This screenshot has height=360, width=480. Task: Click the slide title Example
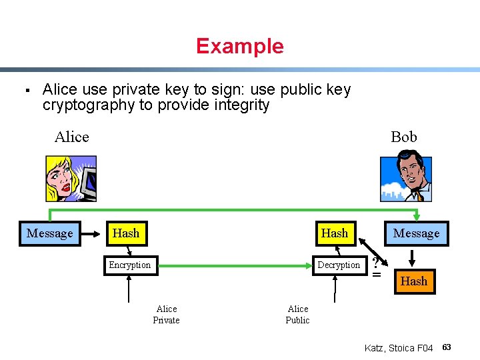[x=239, y=46]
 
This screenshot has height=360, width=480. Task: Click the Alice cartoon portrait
[x=71, y=178]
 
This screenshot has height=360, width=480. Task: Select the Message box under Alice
[x=50, y=233]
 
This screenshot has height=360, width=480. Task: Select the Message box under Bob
[x=416, y=233]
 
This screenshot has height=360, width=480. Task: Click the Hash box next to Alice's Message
[x=126, y=233]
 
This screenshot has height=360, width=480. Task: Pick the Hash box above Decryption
[x=334, y=233]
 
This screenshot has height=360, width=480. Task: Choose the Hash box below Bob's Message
[x=413, y=281]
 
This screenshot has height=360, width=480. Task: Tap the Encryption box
[x=130, y=265]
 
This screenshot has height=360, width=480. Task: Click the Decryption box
[x=339, y=265]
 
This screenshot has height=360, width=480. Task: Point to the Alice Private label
[x=166, y=315]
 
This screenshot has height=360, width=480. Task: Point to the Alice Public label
[x=297, y=315]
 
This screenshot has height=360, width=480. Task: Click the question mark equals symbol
[x=377, y=267]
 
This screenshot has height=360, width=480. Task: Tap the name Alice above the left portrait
[x=71, y=137]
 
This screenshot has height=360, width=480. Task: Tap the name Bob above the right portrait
[x=403, y=137]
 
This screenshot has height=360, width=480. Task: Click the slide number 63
[x=447, y=347]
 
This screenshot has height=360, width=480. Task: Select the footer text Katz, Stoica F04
[x=399, y=348]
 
